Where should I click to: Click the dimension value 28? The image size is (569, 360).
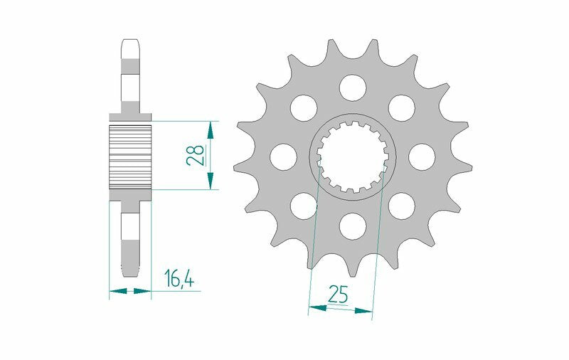tap(196, 155)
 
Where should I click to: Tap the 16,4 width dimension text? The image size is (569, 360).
tap(180, 280)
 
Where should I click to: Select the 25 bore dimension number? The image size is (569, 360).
tap(339, 292)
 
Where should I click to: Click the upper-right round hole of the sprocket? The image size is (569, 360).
tap(401, 107)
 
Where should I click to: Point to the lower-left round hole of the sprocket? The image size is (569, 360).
tap(303, 205)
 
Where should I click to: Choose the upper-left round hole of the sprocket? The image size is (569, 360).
tap(303, 107)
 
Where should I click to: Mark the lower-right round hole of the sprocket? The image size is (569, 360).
tap(401, 205)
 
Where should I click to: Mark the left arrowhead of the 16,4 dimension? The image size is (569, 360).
tap(116, 290)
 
